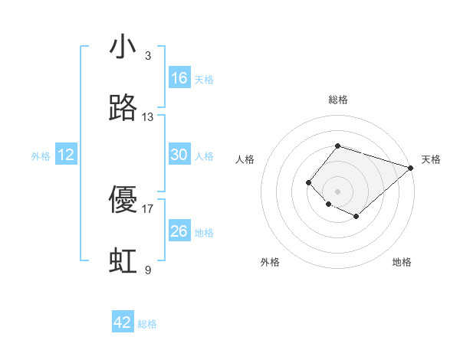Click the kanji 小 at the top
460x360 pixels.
[x=123, y=47]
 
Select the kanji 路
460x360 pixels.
[x=123, y=109]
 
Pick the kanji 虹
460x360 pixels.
[x=123, y=261]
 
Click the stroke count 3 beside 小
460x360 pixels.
[x=148, y=56]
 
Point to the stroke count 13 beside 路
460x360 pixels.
[x=148, y=117]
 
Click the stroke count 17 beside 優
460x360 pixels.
[x=148, y=208]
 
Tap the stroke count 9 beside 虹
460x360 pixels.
[x=148, y=270]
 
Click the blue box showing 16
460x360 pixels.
[x=179, y=78]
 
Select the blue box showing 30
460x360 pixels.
[x=179, y=155]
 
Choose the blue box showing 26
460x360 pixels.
[x=179, y=231]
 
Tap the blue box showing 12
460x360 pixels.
[x=66, y=155]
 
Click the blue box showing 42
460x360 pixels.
[x=123, y=322]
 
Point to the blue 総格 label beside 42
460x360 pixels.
[x=147, y=324]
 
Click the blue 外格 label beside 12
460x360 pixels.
[x=41, y=156]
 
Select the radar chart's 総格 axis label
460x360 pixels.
[x=337, y=100]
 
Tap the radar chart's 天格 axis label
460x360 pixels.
[x=431, y=160]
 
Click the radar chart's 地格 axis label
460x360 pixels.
[x=402, y=262]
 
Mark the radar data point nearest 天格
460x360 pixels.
[x=411, y=167]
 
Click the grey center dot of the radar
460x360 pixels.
[x=337, y=191]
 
